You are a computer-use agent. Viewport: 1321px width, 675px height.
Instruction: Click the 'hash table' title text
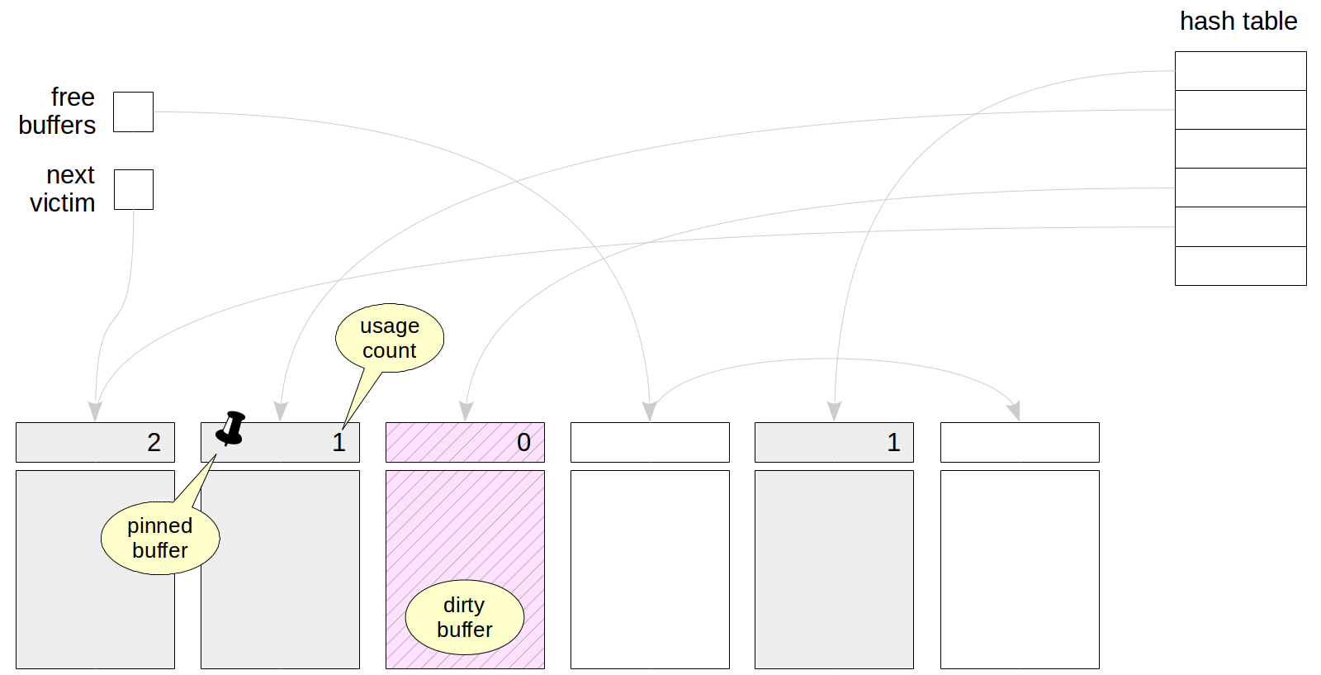[1238, 21]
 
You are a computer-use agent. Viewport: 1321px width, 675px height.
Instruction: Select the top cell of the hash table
[1240, 71]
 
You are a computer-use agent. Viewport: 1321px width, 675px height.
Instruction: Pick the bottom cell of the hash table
[1240, 266]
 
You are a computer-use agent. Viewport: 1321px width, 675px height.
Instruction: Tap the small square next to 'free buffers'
[133, 112]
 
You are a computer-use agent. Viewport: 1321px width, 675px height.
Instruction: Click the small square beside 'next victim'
[133, 189]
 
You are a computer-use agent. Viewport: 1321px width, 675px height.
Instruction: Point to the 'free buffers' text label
[58, 112]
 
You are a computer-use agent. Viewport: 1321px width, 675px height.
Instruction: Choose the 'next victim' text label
[64, 189]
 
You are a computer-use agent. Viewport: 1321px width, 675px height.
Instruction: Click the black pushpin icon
[231, 428]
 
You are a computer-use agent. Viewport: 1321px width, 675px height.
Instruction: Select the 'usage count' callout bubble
[390, 338]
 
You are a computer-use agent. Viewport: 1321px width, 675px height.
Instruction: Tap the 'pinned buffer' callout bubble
[160, 538]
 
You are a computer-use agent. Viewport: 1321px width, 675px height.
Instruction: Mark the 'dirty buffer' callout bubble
[464, 617]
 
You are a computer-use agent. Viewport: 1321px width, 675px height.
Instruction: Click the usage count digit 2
[154, 443]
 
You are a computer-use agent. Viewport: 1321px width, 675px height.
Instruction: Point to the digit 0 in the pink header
[523, 443]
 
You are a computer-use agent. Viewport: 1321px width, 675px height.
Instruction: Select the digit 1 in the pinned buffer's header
[339, 443]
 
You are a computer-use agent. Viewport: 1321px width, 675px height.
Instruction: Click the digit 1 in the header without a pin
[893, 443]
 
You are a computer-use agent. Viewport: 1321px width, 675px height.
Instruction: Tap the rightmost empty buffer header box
[1020, 442]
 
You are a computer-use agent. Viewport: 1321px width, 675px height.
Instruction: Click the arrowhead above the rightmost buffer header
[1015, 411]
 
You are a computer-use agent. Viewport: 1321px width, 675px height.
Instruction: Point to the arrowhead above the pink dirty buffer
[466, 411]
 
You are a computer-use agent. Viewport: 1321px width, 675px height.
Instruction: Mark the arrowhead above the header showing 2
[95, 411]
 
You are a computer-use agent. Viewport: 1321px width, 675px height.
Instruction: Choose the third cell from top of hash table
[1240, 149]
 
